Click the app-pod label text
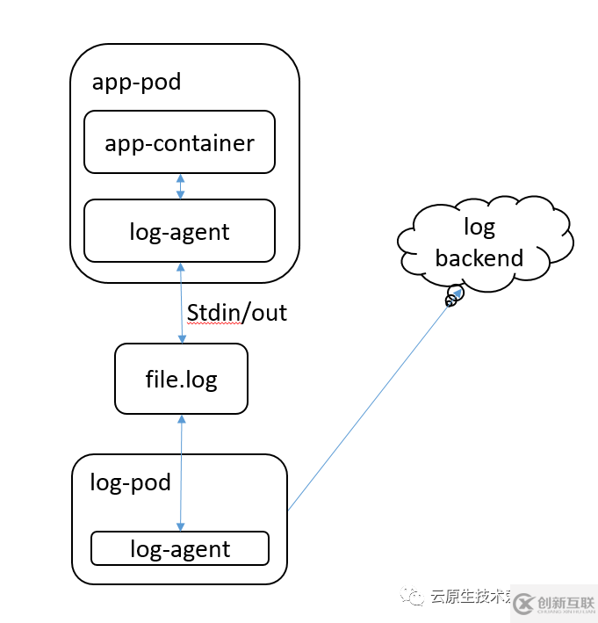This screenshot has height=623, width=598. pyautogui.click(x=136, y=83)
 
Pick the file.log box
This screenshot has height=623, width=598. pyautogui.click(x=181, y=379)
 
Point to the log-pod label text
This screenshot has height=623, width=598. pyautogui.click(x=130, y=483)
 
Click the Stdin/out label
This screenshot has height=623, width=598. pyautogui.click(x=237, y=312)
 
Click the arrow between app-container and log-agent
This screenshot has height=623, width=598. pyautogui.click(x=180, y=186)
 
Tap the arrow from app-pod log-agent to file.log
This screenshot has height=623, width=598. pyautogui.click(x=182, y=302)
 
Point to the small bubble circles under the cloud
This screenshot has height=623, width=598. pyautogui.click(x=453, y=297)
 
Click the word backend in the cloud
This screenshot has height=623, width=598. pyautogui.click(x=479, y=258)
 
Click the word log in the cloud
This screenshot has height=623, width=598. pyautogui.click(x=479, y=228)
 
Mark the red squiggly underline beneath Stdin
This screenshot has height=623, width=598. pyautogui.click(x=212, y=323)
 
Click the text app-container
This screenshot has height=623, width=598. pyautogui.click(x=179, y=143)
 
